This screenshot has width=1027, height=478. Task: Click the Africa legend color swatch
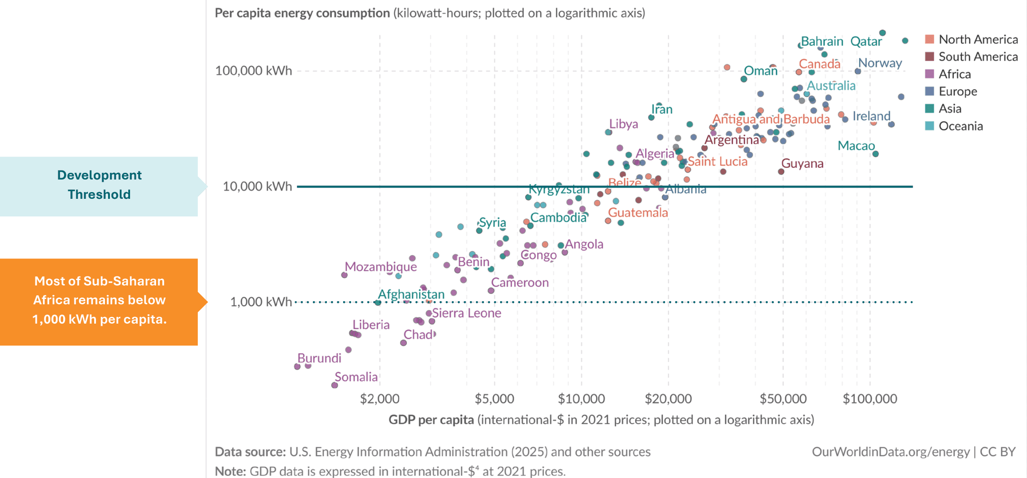[930, 74]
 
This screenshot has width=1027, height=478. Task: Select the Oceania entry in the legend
[960, 126]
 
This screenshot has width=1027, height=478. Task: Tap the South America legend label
[978, 57]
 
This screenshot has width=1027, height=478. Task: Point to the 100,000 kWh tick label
[253, 71]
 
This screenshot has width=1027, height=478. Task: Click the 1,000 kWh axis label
[261, 302]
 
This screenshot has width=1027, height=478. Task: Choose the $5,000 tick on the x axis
[494, 399]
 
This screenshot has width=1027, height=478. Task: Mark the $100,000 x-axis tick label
[870, 399]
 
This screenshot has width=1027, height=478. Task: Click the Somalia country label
[356, 377]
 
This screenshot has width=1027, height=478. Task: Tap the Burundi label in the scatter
[319, 358]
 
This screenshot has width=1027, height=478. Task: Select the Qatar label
[866, 42]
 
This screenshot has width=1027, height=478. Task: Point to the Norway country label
[880, 63]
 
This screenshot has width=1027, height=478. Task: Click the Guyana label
[802, 163]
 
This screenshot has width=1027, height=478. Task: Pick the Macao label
[856, 146]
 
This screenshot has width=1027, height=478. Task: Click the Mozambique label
[381, 267]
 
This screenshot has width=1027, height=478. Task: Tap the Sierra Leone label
[466, 313]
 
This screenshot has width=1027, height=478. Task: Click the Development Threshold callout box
[99, 185]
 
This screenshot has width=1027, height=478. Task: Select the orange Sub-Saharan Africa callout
[99, 300]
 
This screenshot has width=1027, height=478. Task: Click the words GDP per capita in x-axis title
[431, 420]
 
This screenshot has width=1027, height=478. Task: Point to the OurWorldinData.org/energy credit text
[891, 452]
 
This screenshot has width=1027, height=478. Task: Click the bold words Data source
[250, 452]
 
